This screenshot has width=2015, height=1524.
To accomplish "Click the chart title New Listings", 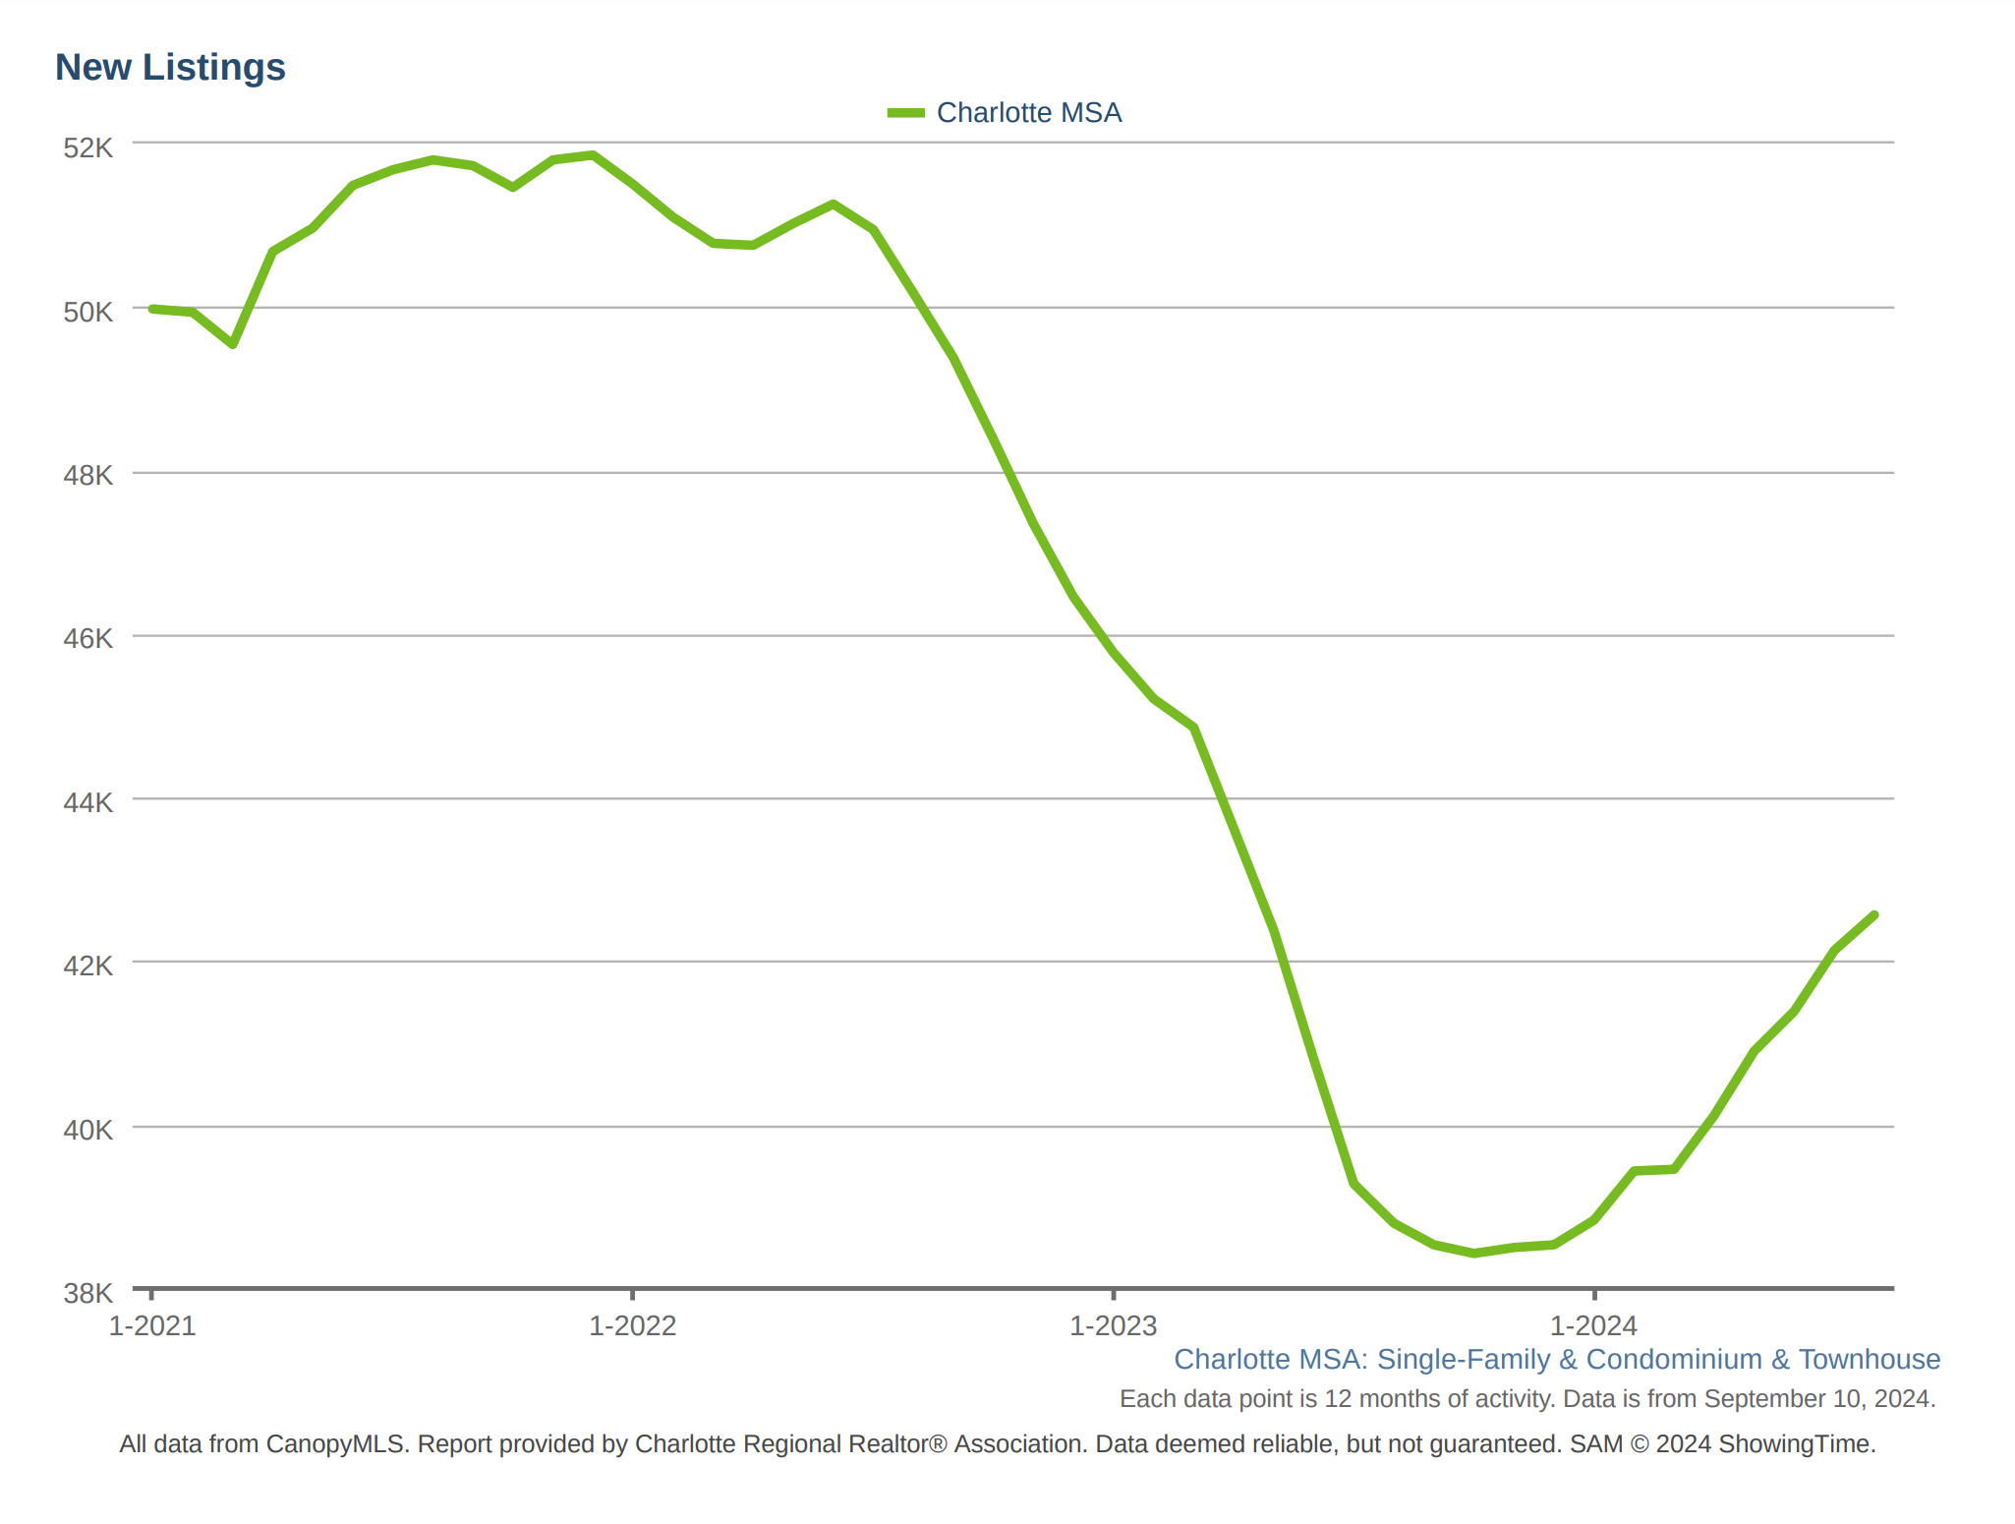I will (x=170, y=68).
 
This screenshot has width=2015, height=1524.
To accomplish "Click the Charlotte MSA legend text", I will (x=1028, y=113).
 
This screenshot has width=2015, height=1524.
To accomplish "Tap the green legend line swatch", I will (x=905, y=113).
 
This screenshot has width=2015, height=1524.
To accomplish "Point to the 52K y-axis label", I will (x=88, y=147).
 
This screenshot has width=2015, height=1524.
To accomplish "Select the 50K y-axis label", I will (x=88, y=312).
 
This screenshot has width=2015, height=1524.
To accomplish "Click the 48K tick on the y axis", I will (x=88, y=476).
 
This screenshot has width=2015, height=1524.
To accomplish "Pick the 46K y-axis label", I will (x=88, y=639).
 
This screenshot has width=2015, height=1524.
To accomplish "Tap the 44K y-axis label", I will (x=88, y=802).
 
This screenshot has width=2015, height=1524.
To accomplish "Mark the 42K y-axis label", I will (x=88, y=966).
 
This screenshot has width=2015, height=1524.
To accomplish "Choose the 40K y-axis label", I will (x=88, y=1130).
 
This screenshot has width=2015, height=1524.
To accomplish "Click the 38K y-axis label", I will (x=88, y=1293).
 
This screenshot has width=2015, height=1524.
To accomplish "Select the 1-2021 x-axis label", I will (x=152, y=1326).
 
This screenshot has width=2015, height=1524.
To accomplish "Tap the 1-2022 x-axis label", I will (x=632, y=1326).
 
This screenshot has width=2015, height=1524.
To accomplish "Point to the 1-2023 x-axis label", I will (x=1113, y=1326).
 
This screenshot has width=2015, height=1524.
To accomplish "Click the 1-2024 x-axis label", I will (x=1593, y=1326).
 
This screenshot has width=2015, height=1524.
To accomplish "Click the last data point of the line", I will (x=1874, y=915).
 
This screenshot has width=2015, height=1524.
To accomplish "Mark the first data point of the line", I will (x=152, y=309).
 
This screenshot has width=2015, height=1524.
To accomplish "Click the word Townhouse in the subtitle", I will (x=1869, y=1360).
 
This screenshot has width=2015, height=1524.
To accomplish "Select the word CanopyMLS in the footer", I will (x=335, y=1444).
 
